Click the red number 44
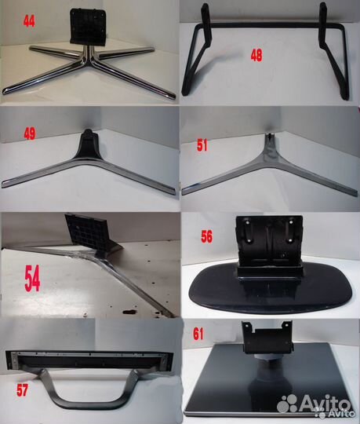[29, 21]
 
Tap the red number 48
[256, 56]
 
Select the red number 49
[30, 133]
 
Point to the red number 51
[202, 145]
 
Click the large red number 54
[32, 279]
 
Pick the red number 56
[206, 236]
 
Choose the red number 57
[22, 390]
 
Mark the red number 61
[198, 334]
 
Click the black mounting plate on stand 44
[88, 26]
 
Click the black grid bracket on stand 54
[86, 232]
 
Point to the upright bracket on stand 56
[269, 243]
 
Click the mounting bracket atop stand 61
[267, 337]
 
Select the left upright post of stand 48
[206, 24]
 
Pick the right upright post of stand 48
[323, 24]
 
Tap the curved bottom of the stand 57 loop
[90, 404]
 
